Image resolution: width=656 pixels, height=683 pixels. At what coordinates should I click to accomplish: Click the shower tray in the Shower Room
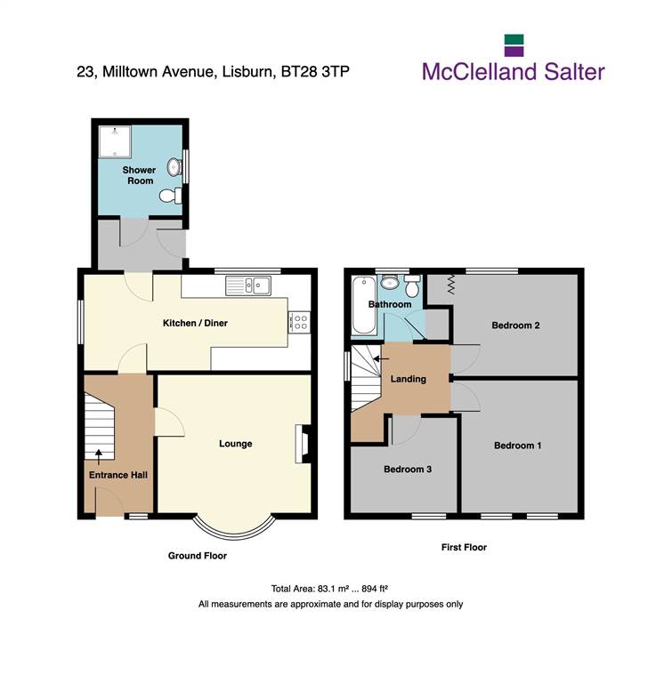coord(115,141)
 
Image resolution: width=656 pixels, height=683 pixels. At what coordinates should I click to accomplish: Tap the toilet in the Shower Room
coord(171,196)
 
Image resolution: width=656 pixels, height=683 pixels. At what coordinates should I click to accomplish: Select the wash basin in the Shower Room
coord(174,167)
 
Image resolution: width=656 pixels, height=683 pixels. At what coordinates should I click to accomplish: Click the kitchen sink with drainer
coord(248,285)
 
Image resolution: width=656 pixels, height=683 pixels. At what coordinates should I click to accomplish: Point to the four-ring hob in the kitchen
coord(300,323)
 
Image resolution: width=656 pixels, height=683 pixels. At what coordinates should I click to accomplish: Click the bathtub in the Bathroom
coord(364,306)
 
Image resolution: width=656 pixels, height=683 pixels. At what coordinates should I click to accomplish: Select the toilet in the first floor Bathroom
coord(412,285)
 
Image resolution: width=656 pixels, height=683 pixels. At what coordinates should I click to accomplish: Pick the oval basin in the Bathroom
coord(389,283)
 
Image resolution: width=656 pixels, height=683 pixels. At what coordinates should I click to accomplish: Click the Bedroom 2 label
coord(515,325)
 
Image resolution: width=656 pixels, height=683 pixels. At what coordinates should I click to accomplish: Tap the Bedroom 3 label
coord(408,470)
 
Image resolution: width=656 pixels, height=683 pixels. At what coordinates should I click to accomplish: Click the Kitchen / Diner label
coord(195,323)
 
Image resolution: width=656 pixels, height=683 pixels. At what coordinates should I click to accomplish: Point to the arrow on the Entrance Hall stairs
coord(99,457)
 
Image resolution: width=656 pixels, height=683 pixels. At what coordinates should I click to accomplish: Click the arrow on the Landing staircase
coord(381,359)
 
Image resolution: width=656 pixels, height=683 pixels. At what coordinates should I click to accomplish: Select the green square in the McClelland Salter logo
coord(514,40)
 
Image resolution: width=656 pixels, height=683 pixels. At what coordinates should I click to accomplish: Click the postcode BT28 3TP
coord(315,71)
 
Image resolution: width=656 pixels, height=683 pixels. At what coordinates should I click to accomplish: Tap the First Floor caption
coord(464,548)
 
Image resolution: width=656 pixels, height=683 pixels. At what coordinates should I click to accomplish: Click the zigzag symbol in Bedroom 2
coord(450,284)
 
